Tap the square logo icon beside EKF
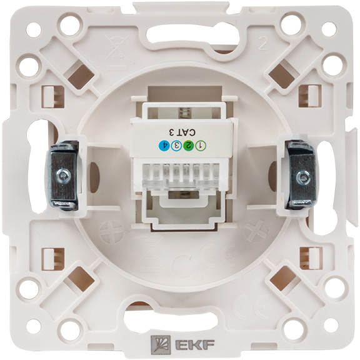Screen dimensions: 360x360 point(160,344)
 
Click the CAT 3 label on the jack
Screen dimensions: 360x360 point(182,132)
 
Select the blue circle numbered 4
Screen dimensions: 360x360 point(164,145)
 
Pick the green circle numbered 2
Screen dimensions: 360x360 point(189,145)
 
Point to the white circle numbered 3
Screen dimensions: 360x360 point(176,145)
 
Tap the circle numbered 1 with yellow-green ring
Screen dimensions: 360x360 point(201,145)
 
